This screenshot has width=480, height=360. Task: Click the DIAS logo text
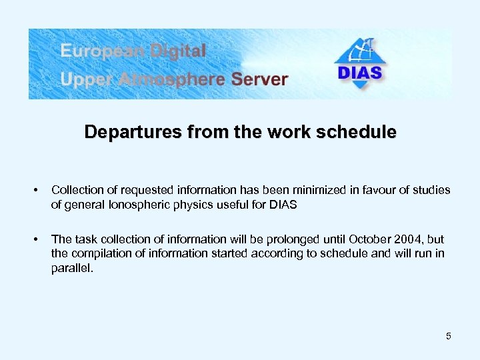[x=361, y=72]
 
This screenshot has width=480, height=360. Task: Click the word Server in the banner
[x=260, y=79]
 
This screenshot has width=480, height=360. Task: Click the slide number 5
[x=449, y=336]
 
